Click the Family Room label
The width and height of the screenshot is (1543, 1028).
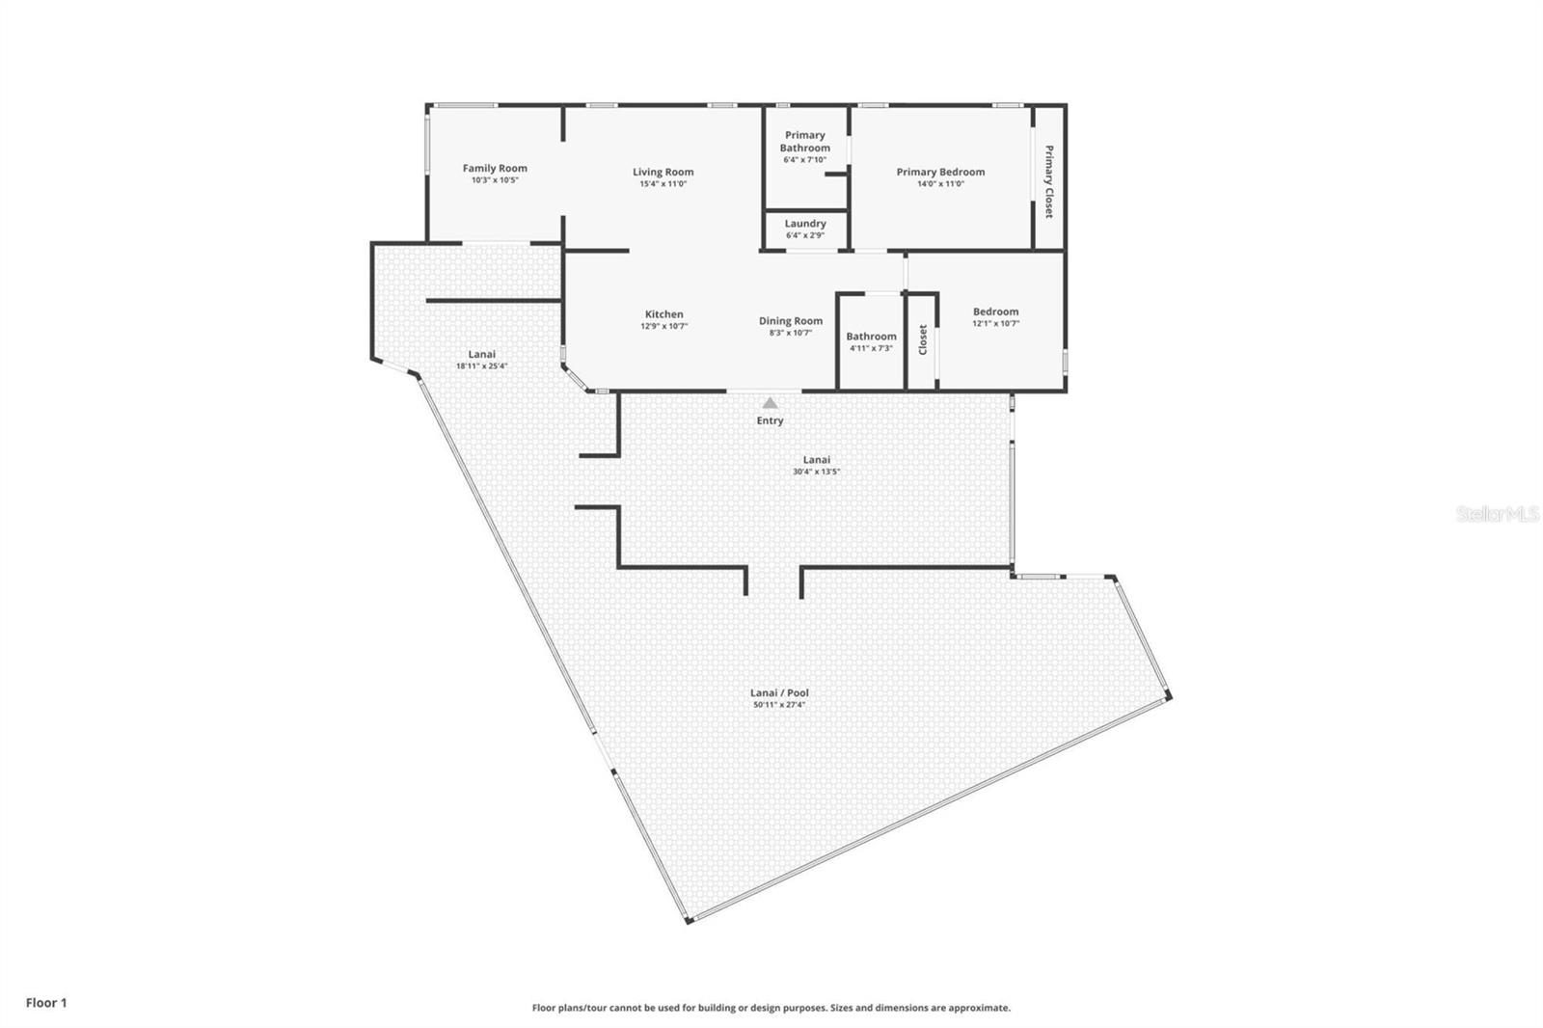tap(494, 168)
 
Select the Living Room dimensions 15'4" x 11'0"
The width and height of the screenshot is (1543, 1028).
tap(663, 184)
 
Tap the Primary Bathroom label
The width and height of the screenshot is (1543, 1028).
tap(804, 142)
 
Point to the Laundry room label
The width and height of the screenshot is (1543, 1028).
tap(805, 224)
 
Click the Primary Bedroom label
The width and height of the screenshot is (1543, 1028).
tap(940, 172)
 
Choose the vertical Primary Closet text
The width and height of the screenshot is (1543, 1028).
tap(1048, 181)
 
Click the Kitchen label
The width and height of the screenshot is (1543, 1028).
tap(663, 314)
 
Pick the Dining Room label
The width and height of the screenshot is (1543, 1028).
tap(790, 321)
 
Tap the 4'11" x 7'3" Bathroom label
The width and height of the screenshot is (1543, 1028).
tap(871, 337)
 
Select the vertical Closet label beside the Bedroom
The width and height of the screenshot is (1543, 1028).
tap(923, 339)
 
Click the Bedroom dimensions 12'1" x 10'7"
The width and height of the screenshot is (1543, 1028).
tap(995, 324)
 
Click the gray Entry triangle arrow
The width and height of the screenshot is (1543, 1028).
tap(770, 403)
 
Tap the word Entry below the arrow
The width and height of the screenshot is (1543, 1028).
tap(770, 420)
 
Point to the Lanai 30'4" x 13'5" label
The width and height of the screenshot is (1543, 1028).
tap(816, 460)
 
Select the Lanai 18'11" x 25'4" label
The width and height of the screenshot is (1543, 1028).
tap(481, 354)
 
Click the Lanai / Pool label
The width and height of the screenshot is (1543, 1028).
tap(779, 692)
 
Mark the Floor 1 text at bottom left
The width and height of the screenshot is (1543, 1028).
tap(46, 1003)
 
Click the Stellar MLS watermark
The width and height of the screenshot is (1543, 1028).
tap(1497, 515)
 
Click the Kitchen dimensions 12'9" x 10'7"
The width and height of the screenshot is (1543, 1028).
tap(663, 327)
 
